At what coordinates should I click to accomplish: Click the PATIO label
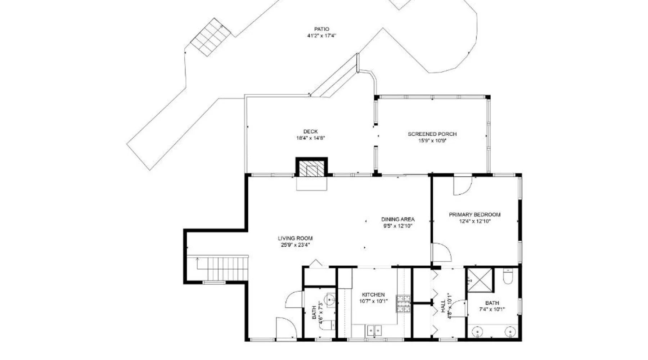(x=321, y=29)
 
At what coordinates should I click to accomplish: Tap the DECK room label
(x=310, y=132)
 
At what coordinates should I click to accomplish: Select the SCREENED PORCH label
(x=432, y=134)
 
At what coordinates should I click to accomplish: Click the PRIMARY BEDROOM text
(x=474, y=215)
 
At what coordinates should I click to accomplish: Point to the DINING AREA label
(x=398, y=219)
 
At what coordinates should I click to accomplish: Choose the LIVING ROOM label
(x=295, y=238)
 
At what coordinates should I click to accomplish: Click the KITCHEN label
(x=373, y=294)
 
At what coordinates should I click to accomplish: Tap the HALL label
(x=443, y=307)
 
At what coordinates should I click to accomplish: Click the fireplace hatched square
(x=312, y=168)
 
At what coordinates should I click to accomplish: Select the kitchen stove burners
(x=403, y=303)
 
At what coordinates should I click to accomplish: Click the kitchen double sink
(x=374, y=330)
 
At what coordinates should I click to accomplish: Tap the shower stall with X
(x=480, y=280)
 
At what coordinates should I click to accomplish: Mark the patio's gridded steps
(x=211, y=37)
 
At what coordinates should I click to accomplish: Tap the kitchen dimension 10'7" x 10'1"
(x=373, y=301)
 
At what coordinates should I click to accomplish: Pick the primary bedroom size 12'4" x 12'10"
(x=474, y=221)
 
